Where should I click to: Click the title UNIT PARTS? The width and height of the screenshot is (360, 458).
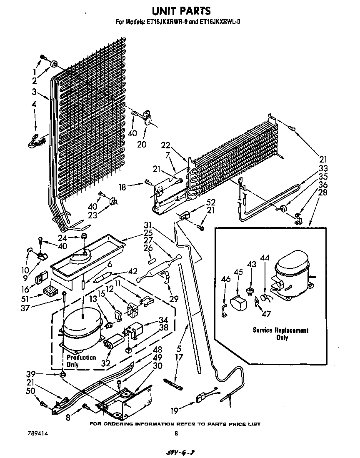pos(180,10)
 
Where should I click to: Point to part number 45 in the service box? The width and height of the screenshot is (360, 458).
pos(238,272)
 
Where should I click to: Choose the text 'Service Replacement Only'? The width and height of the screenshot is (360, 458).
pos(280,334)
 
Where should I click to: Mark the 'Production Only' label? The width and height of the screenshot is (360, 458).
pos(81,361)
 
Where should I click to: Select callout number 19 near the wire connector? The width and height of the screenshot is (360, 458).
pos(174,411)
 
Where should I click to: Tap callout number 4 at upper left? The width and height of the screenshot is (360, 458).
pos(34,104)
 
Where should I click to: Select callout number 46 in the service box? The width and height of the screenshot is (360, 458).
pos(226,279)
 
